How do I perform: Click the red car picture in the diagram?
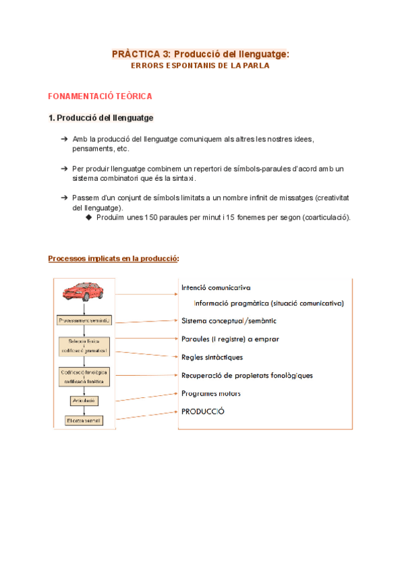[83, 291]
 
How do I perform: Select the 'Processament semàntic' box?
[84, 320]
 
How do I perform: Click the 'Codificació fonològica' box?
[84, 376]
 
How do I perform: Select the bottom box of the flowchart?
[84, 421]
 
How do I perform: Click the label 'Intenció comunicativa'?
[216, 287]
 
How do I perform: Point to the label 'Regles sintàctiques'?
[212, 357]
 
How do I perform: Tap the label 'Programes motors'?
[211, 393]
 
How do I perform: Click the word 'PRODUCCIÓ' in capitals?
[203, 411]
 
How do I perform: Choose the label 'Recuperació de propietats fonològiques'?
[247, 375]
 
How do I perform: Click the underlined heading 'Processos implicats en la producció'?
[113, 259]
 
